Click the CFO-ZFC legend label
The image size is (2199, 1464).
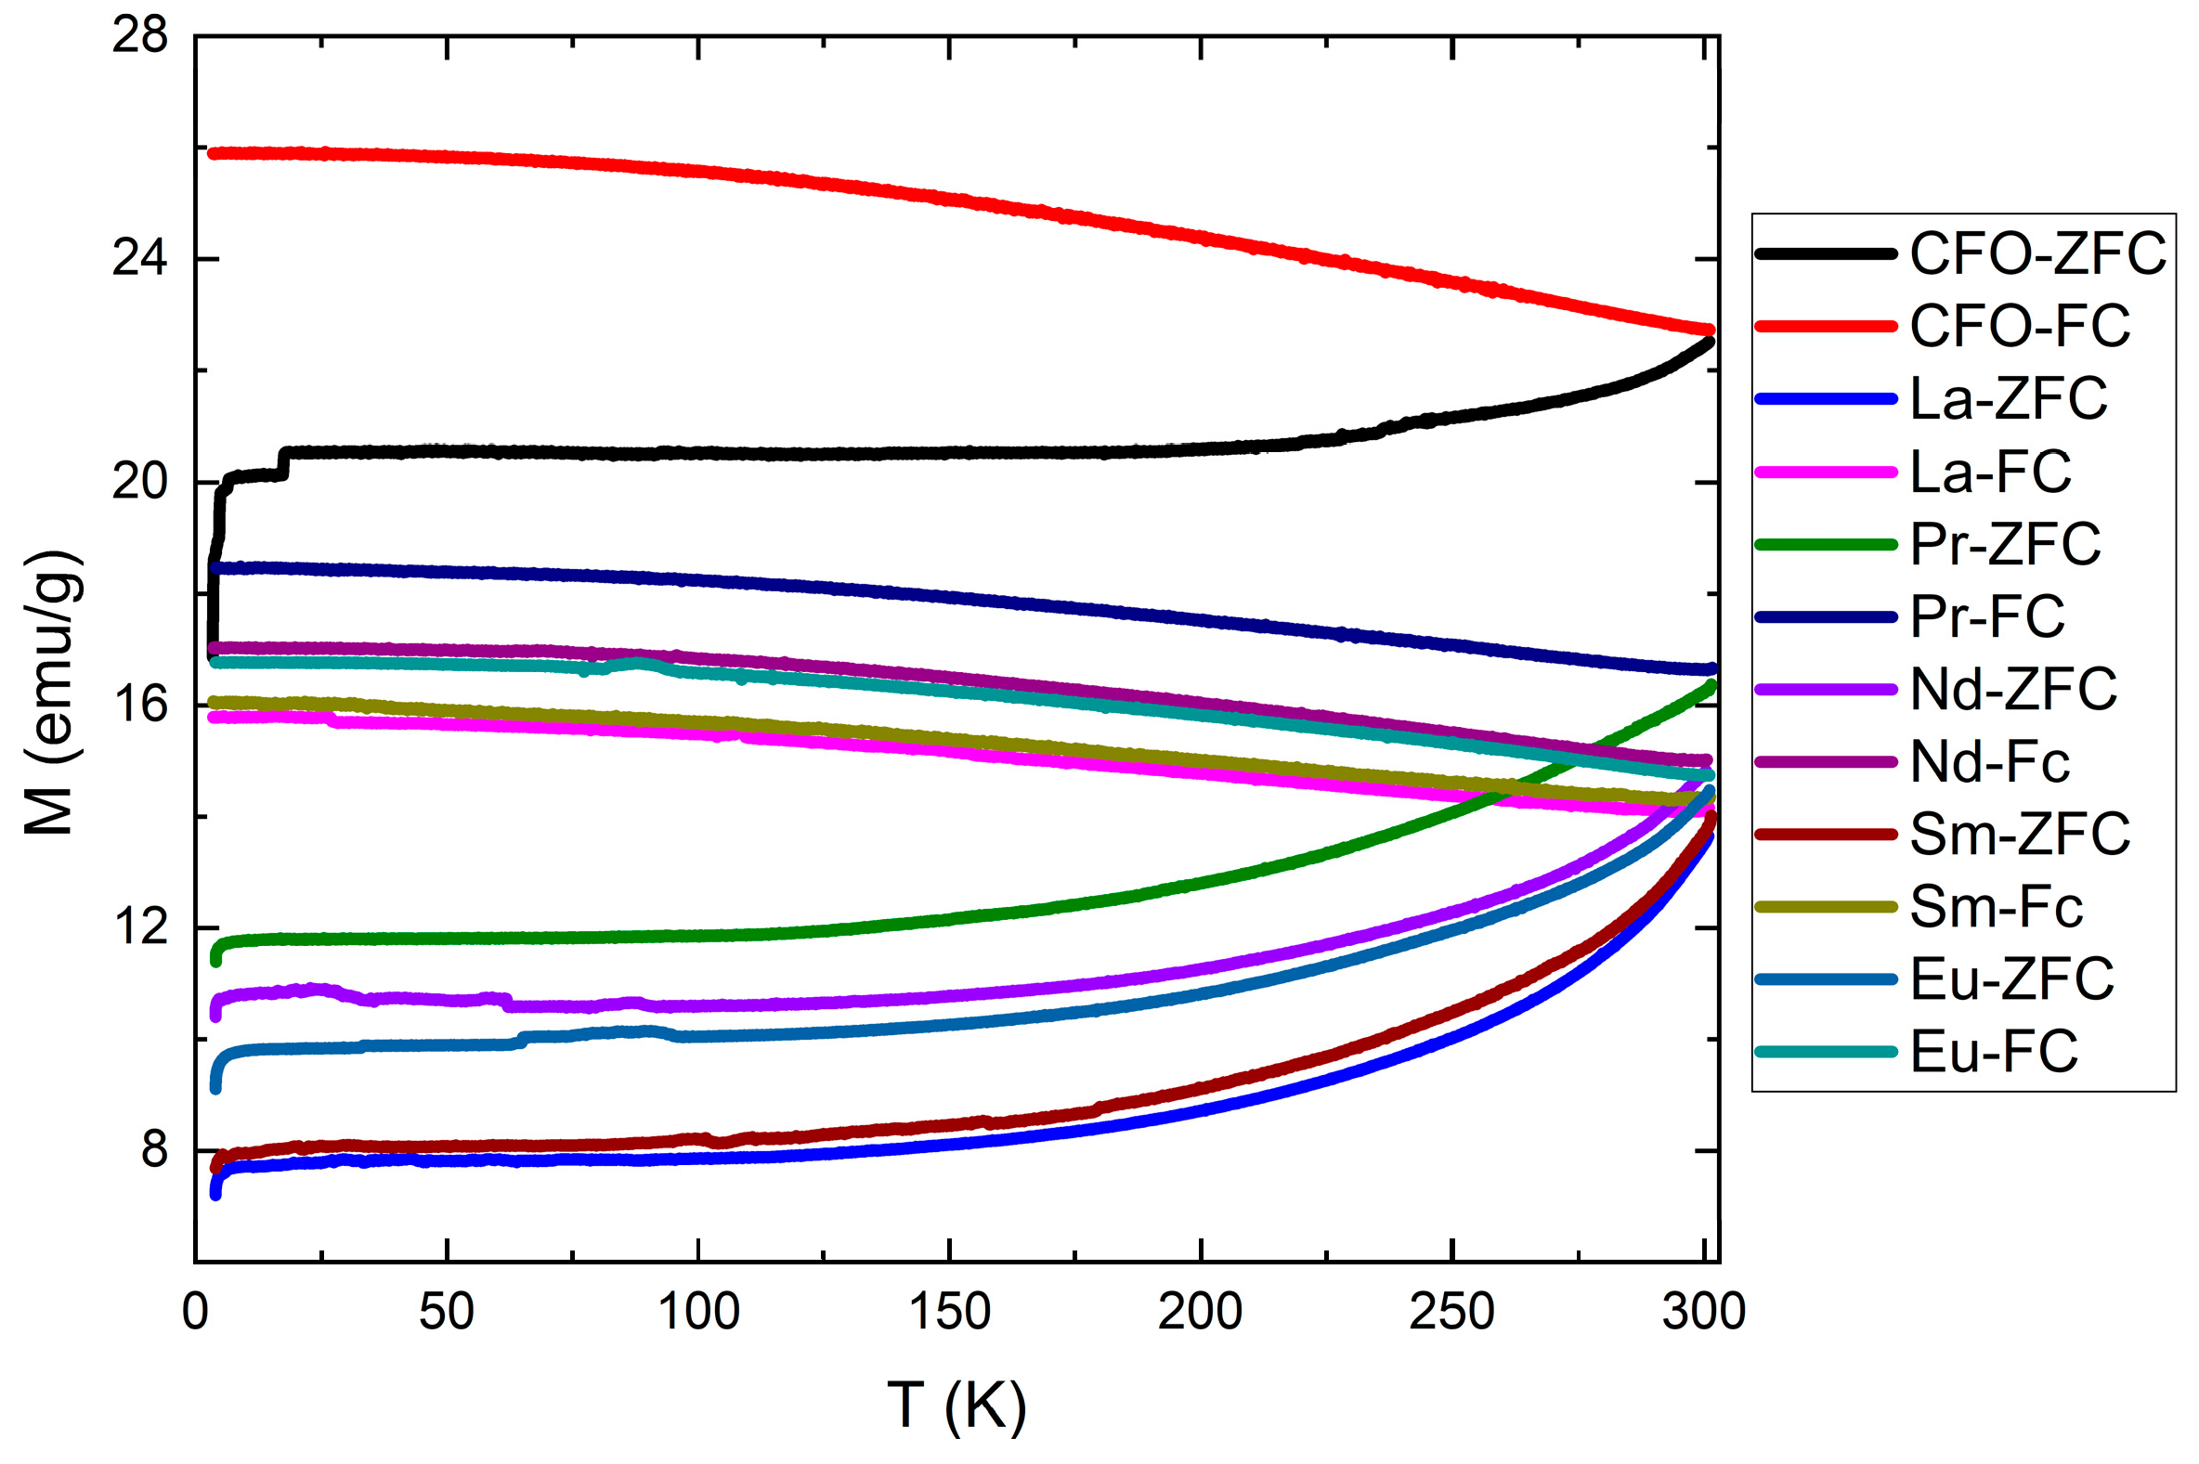[2036, 253]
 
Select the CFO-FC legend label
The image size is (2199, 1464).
[2020, 326]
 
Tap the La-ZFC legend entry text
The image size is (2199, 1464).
[2009, 398]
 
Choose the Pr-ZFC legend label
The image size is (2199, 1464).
[2005, 544]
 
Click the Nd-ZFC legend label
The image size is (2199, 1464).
[2013, 689]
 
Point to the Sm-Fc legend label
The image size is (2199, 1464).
[1997, 907]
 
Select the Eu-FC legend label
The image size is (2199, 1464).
[1994, 1052]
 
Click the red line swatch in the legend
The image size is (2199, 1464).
[1826, 326]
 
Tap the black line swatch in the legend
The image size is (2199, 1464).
[1826, 253]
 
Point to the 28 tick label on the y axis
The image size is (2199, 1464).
[139, 36]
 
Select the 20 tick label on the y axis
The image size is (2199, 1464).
[139, 482]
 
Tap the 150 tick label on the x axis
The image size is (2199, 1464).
[949, 1311]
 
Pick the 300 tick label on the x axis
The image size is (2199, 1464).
[1703, 1311]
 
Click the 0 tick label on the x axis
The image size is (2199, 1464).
[195, 1311]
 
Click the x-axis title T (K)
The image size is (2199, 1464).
[956, 1405]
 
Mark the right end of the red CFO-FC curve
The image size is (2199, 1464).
[1710, 330]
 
